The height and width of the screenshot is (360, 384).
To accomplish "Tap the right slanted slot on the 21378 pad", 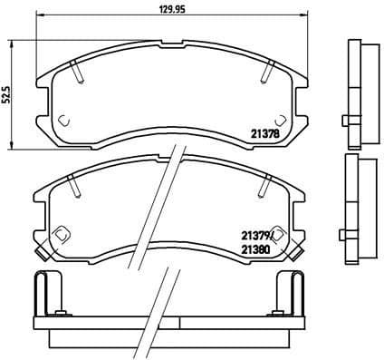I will pyautogui.click(x=267, y=67).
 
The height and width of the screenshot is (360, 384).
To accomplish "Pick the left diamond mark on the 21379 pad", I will pyautogui.click(x=62, y=234).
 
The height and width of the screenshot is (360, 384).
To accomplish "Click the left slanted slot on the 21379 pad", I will pyautogui.click(x=78, y=186).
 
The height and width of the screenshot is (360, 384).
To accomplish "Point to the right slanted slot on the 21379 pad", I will pyautogui.click(x=265, y=186).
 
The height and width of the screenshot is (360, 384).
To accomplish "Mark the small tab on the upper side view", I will pyautogui.click(x=346, y=121).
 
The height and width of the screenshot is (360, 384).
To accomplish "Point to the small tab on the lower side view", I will pyautogui.click(x=346, y=237).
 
